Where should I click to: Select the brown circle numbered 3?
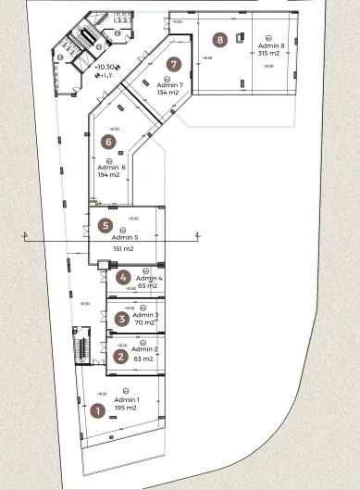click(x=121, y=320)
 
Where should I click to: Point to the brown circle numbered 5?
click(x=106, y=225)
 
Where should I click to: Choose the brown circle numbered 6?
click(x=108, y=142)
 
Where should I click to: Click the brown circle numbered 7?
click(x=173, y=65)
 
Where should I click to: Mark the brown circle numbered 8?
click(x=219, y=40)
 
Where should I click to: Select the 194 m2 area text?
click(x=110, y=174)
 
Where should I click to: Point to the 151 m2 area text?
click(x=123, y=248)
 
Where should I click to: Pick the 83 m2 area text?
click(x=144, y=358)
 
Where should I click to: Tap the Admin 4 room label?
click(x=149, y=278)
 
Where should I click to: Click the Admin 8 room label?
click(x=271, y=45)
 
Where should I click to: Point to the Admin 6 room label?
click(x=111, y=167)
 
